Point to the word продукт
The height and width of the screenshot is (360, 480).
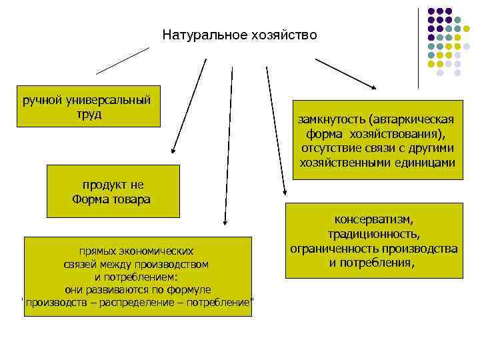point(103,185)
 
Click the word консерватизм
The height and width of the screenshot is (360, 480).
point(373,219)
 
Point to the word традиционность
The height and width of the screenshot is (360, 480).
point(373,234)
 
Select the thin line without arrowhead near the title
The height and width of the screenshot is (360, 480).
point(123,60)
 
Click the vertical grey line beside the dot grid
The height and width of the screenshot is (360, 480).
point(419,47)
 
